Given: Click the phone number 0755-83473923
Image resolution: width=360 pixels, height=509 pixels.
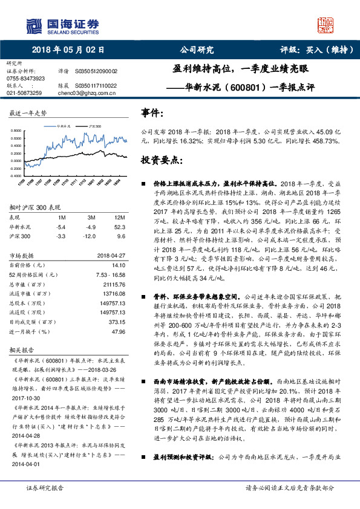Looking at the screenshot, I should point(25,79).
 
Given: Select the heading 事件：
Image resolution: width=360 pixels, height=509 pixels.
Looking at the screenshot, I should point(152,113).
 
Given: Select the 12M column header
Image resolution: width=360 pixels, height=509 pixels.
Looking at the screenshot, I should point(120,217).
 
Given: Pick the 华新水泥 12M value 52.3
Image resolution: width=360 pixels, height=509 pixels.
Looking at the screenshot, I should point(120,227).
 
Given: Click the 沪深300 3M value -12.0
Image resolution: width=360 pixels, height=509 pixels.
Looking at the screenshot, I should point(91,236).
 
